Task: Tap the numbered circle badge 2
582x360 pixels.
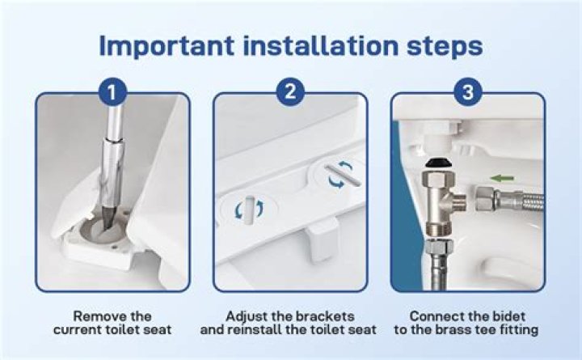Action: tap(290, 91)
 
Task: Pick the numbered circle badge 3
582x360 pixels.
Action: tap(468, 91)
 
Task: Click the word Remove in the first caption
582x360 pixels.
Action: tap(97, 316)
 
